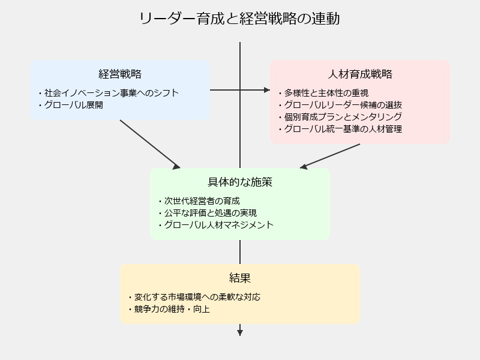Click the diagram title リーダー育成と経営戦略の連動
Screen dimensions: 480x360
(x=239, y=19)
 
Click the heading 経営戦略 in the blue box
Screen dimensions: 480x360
(x=120, y=74)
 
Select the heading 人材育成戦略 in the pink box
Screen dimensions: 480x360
(x=360, y=74)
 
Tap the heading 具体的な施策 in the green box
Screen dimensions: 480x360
(x=240, y=182)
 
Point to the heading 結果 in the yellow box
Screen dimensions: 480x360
(x=240, y=278)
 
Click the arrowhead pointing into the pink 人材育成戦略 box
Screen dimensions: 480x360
(x=267, y=90)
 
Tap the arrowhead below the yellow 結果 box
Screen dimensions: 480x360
(x=240, y=333)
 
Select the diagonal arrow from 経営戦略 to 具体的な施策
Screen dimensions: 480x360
(x=150, y=144)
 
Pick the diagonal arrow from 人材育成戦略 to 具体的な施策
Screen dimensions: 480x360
(x=330, y=156)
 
